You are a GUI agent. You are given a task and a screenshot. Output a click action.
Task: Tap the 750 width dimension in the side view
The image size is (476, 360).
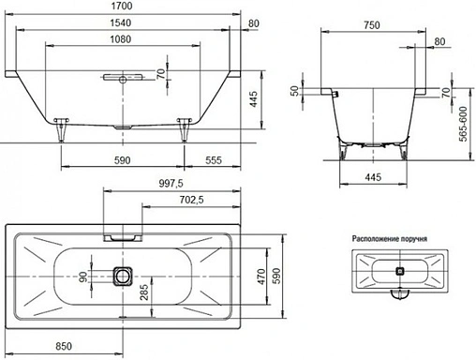click(374, 27)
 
